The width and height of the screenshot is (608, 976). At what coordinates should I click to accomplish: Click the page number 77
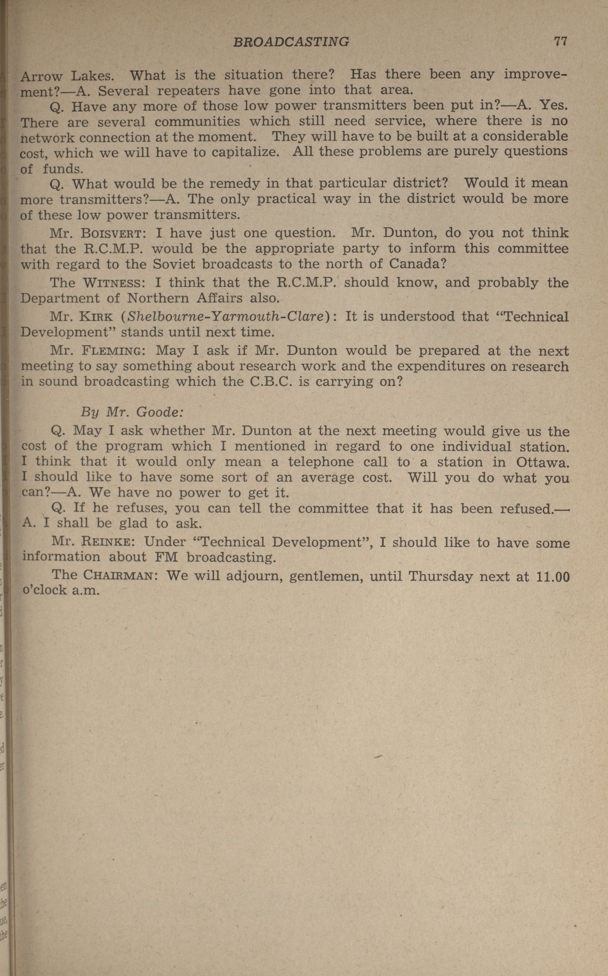coord(560,41)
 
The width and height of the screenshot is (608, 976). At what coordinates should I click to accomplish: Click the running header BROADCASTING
coord(291,42)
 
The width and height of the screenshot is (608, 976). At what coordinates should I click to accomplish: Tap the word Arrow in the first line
coord(41,76)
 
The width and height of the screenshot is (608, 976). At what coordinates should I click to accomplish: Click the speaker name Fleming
coord(111,351)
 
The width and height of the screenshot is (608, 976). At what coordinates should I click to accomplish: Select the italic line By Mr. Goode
coord(132,412)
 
